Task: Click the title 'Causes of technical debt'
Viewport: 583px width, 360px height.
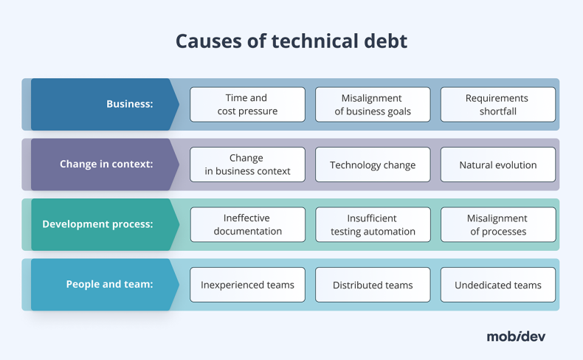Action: (x=291, y=41)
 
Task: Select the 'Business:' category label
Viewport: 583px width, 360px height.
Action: (x=129, y=104)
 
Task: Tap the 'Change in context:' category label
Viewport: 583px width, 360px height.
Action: (x=106, y=164)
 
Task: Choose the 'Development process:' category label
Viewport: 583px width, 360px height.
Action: (x=97, y=224)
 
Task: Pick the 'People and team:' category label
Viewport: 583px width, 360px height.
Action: (x=109, y=284)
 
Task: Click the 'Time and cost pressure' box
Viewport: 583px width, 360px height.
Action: (x=247, y=104)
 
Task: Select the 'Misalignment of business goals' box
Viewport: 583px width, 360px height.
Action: (x=373, y=104)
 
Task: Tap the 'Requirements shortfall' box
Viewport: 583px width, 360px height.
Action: (x=497, y=104)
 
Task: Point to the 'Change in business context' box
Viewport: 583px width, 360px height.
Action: (x=247, y=165)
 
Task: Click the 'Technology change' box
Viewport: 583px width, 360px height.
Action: (x=373, y=165)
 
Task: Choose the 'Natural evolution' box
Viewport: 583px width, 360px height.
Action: (x=497, y=165)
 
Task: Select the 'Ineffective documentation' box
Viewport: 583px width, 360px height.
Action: (x=247, y=224)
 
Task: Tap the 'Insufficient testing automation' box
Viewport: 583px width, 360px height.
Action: (x=373, y=224)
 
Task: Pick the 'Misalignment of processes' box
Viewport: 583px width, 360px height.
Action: (x=497, y=224)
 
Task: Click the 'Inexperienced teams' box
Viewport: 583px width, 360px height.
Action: (x=247, y=285)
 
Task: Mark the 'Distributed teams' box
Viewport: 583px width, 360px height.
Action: (x=373, y=285)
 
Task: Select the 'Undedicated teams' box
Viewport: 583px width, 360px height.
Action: (x=497, y=285)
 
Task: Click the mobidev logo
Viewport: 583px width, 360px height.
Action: (x=516, y=336)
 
